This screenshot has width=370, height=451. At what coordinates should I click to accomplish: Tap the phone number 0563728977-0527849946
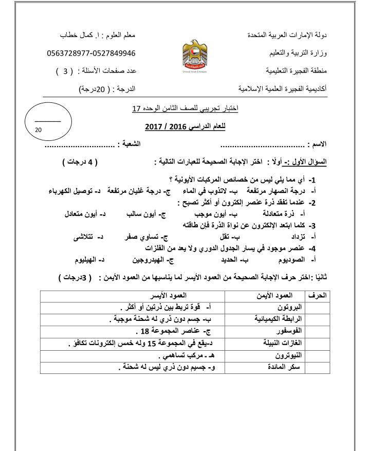pos(90,53)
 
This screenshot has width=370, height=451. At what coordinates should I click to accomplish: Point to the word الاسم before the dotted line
pos(319,145)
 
